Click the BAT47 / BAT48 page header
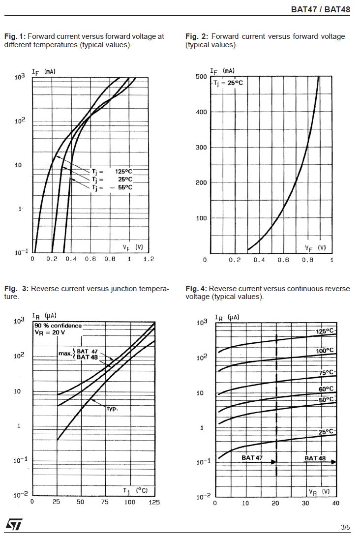pos(320,9)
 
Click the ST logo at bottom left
pos(14,525)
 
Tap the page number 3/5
pos(345,528)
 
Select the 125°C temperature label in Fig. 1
pos(124,172)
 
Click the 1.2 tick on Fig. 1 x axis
pos(149,259)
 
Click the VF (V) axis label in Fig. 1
pos(133,247)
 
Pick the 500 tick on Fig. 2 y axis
pos(201,77)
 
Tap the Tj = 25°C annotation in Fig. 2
pos(228,83)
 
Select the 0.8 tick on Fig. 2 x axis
pos(307,260)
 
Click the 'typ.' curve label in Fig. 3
pos(113,408)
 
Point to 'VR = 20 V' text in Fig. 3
pos(50,332)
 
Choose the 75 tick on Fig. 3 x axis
pos(105,502)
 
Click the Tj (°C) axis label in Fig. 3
pos(135,490)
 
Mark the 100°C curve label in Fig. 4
pos(325,351)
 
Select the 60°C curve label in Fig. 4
pos(325,389)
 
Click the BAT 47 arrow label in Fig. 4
pos(252,458)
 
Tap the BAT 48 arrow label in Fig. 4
pos(315,458)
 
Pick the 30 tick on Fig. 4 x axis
pos(305,503)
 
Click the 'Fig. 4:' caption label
pos(196,288)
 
